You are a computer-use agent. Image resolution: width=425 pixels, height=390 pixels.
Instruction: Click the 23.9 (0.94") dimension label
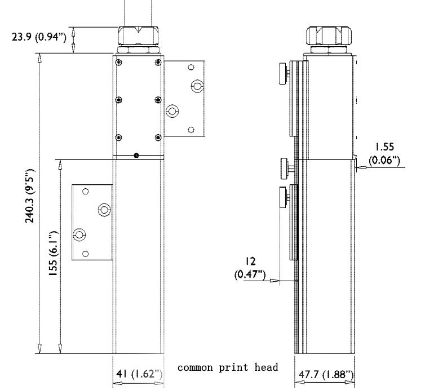(39, 37)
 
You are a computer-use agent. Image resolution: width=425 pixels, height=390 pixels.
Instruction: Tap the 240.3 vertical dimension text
(30, 196)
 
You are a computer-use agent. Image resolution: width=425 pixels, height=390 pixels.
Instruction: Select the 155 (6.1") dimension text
(53, 254)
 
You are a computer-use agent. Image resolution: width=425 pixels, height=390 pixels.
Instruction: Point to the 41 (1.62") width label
(139, 374)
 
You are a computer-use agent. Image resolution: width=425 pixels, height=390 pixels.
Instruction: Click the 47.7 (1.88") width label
(326, 375)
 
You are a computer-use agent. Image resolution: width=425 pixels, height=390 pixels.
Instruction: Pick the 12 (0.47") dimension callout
(250, 268)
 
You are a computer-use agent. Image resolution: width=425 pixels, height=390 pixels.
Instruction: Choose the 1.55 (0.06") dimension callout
(384, 153)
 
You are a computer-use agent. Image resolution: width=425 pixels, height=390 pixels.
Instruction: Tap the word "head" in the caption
(266, 367)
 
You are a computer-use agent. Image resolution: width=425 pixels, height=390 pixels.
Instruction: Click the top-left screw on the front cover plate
(119, 63)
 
